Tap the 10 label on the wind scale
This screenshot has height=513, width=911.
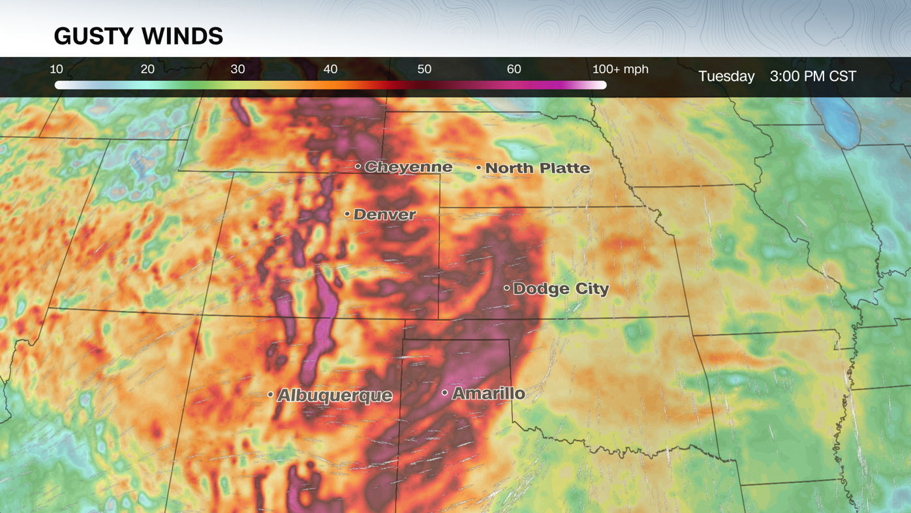(57, 69)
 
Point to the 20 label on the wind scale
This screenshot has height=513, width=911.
(147, 69)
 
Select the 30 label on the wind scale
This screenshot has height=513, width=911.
(238, 69)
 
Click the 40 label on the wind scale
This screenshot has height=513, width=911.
(330, 69)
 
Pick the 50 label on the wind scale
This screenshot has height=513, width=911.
(424, 69)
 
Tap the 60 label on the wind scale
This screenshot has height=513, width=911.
(514, 69)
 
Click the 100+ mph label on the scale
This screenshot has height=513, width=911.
(620, 69)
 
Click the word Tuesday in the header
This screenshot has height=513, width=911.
(726, 76)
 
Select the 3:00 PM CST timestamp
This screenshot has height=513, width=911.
(812, 76)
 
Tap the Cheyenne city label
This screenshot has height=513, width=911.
(408, 167)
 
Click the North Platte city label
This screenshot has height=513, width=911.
(537, 168)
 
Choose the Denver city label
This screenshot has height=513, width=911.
(384, 214)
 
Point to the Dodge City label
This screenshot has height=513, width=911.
(561, 288)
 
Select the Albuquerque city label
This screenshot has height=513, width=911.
(335, 395)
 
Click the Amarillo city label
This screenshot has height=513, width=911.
(488, 393)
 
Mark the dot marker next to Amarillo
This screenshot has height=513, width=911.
(444, 393)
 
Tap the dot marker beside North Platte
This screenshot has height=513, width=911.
(478, 168)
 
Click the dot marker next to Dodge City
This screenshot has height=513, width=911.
(506, 288)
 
